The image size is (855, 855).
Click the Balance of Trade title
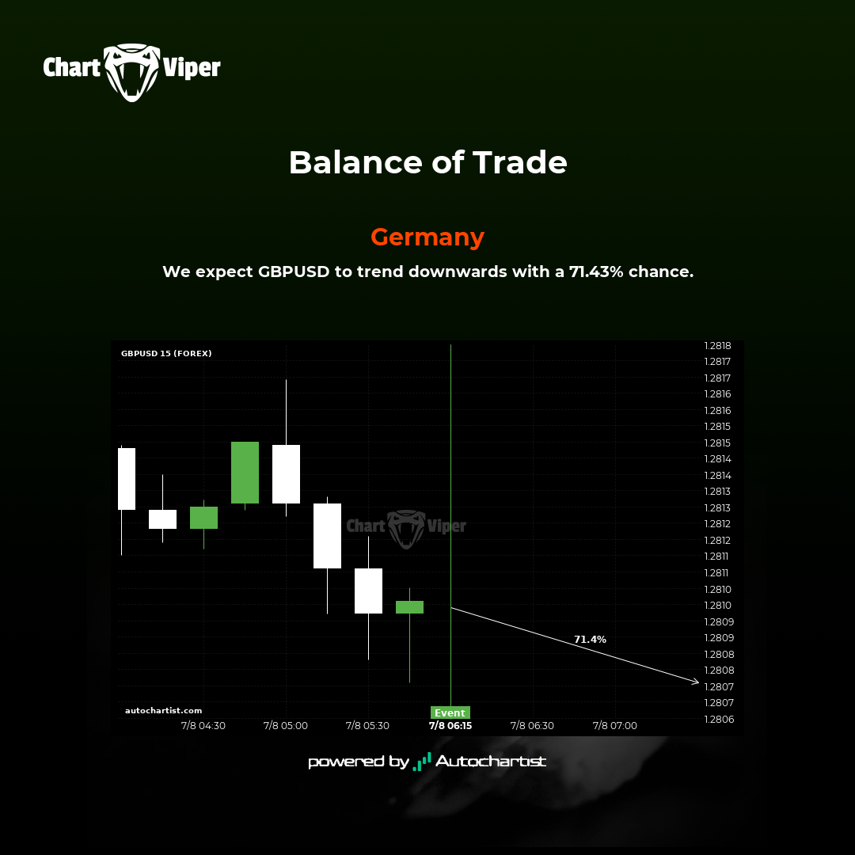point(428,162)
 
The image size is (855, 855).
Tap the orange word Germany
point(427,237)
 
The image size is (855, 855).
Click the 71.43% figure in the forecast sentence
point(596,272)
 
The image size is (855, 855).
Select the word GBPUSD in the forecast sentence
point(294,272)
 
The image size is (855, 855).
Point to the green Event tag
point(450,712)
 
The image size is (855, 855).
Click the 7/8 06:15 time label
point(450,726)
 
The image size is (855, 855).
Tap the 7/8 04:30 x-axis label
point(203,726)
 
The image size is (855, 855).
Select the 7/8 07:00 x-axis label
point(615,726)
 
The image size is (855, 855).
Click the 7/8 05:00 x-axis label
point(286,726)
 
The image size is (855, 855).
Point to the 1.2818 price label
point(717,346)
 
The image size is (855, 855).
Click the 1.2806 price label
point(719,719)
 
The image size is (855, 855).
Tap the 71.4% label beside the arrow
point(590,639)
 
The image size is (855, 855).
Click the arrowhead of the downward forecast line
point(697,682)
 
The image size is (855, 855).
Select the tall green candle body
point(245,472)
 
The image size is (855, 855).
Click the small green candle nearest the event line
point(409,607)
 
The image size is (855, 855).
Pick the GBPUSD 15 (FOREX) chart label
point(166,353)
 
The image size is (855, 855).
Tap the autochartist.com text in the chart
point(164,710)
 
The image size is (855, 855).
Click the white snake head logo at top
point(132,71)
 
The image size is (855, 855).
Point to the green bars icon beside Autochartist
point(422,762)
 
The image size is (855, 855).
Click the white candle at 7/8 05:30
point(369,591)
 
